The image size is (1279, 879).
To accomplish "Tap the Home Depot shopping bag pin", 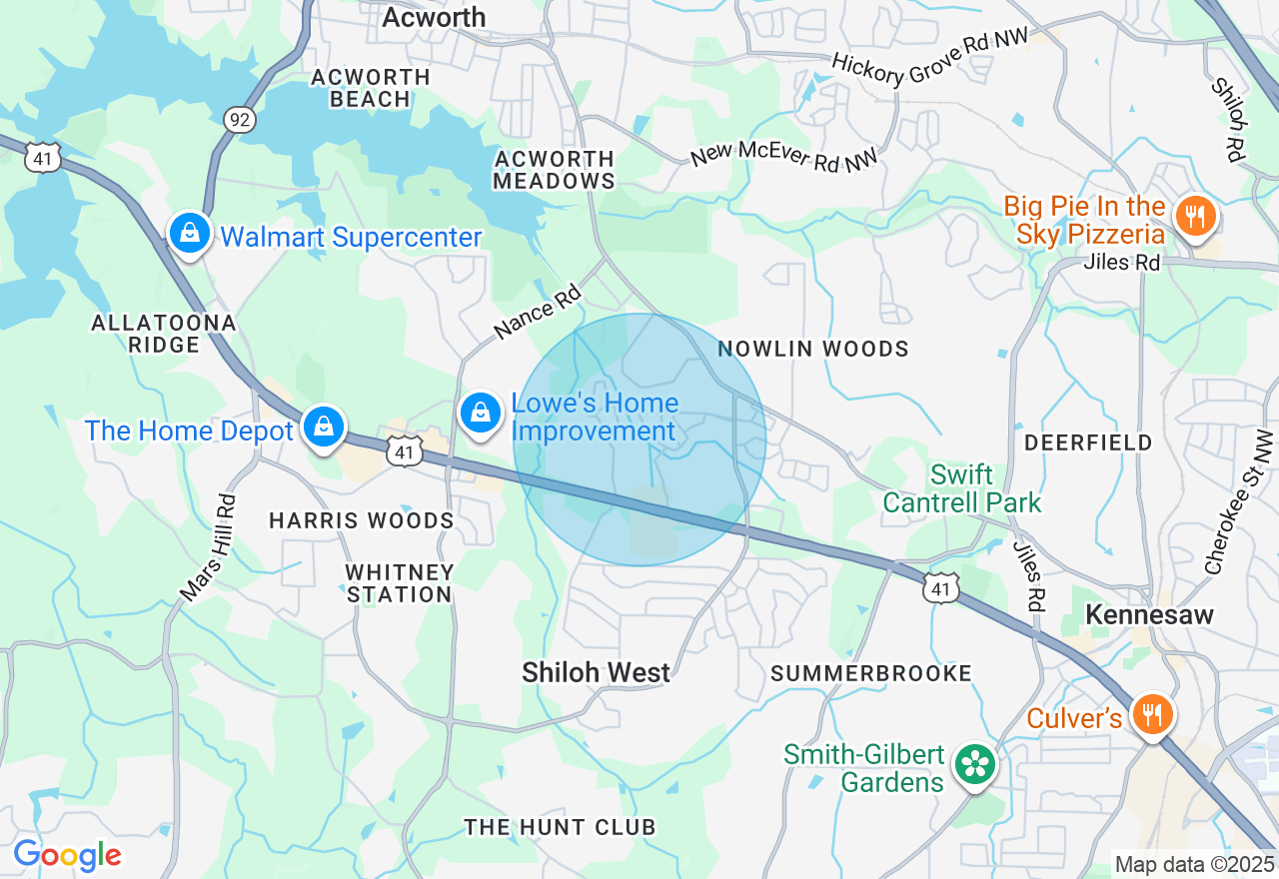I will pos(324,427).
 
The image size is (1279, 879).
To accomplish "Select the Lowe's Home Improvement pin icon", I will pos(481,412).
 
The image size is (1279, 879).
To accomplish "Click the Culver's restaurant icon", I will pos(1153,715).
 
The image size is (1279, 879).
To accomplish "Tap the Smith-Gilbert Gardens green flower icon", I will pos(974,765).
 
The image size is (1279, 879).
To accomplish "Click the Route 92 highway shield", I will pos(241,120).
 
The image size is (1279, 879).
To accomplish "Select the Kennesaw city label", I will pos(1149,614).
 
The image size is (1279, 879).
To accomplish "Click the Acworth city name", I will pos(434,17).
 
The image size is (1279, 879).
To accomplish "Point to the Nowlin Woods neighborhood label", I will pos(813,349).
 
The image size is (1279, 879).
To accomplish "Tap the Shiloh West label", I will pos(597,673).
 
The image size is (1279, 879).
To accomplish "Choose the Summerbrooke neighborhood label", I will pos(871,673).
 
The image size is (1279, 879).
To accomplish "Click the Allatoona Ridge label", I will pos(164,334).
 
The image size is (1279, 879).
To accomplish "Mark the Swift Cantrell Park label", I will pos(962,487).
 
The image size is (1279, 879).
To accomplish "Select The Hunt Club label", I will pos(560,827).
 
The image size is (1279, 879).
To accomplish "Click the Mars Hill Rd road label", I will pos(209,549).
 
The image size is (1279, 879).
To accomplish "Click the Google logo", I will pos(67,856).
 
